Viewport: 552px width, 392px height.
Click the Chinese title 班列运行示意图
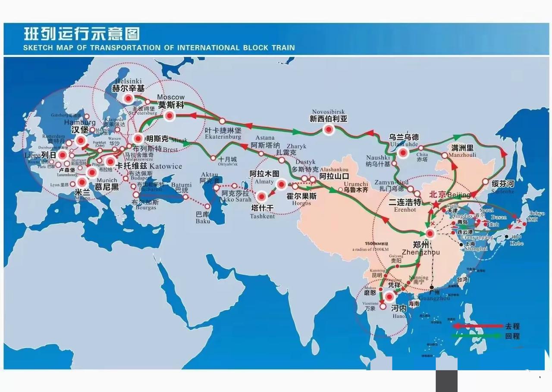pos(82,34)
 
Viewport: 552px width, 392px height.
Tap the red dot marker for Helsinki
pos(129,99)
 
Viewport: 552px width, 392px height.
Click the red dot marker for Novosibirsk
pos(329,129)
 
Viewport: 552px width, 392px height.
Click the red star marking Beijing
pos(436,204)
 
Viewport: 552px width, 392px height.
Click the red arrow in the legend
pos(477,326)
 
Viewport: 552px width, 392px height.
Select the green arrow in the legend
pos(477,336)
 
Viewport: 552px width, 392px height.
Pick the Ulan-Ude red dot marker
pos(403,152)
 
